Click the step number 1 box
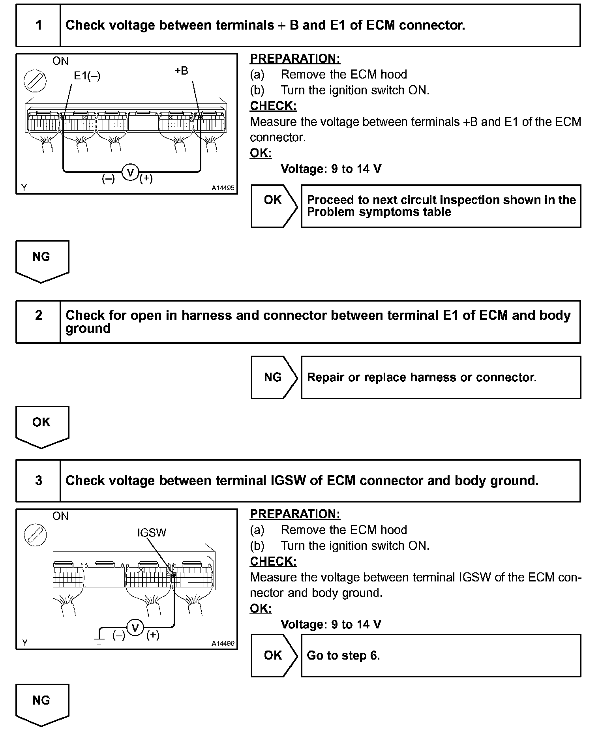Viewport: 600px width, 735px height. (x=38, y=25)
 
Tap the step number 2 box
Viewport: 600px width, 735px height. (x=38, y=321)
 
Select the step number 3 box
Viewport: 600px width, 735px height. (x=38, y=480)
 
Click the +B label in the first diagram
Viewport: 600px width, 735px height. (x=182, y=71)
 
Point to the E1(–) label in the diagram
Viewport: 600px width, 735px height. (x=87, y=76)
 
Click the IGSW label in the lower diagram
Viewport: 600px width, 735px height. (x=152, y=532)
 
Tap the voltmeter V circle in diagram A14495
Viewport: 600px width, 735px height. (x=130, y=172)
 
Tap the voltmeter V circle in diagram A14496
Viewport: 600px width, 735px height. (x=135, y=627)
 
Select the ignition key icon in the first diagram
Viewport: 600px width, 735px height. (x=35, y=81)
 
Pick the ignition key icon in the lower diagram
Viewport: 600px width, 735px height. (x=35, y=535)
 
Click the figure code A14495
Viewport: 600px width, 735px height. (x=223, y=188)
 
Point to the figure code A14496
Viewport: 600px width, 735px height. (x=223, y=643)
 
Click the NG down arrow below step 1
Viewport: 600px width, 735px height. (x=42, y=261)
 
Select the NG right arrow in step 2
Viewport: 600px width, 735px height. (x=274, y=377)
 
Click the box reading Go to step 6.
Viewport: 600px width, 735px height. (x=441, y=655)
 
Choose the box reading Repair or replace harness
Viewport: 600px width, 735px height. (x=441, y=377)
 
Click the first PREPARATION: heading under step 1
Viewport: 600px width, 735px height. (x=295, y=59)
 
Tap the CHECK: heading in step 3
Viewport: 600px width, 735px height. (x=273, y=561)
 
